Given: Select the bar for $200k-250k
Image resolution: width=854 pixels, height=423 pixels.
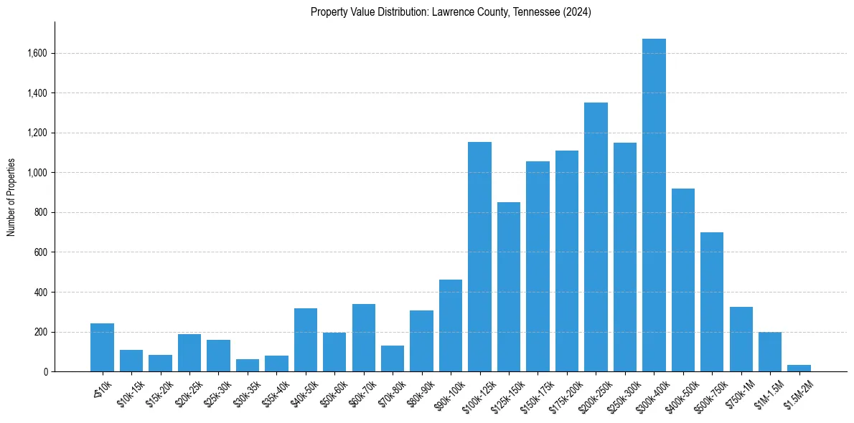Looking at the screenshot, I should click(x=596, y=237).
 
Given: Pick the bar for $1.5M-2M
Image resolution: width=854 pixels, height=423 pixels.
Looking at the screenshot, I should click(x=799, y=369).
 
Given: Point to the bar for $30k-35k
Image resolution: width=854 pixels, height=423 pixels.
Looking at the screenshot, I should click(x=248, y=366).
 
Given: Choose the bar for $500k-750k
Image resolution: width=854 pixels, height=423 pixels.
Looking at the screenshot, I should click(x=712, y=302).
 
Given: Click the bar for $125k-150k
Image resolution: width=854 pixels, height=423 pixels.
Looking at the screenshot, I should click(x=509, y=287).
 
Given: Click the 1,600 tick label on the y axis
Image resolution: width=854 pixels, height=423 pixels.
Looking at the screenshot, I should click(x=37, y=53).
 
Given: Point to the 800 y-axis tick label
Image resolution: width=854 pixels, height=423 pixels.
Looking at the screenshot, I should click(x=41, y=213).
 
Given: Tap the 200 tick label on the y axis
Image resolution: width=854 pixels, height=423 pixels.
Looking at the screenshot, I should click(x=41, y=333).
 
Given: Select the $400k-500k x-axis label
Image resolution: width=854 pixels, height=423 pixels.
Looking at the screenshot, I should click(x=679, y=394).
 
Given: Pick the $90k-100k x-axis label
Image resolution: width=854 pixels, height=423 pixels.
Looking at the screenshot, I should click(x=446, y=394).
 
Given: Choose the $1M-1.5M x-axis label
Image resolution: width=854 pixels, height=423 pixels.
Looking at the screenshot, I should click(x=767, y=393).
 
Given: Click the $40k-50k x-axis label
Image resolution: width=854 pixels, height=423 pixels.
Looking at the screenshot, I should click(x=301, y=393).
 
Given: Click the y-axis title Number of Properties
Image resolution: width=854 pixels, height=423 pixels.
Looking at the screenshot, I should click(x=11, y=197).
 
